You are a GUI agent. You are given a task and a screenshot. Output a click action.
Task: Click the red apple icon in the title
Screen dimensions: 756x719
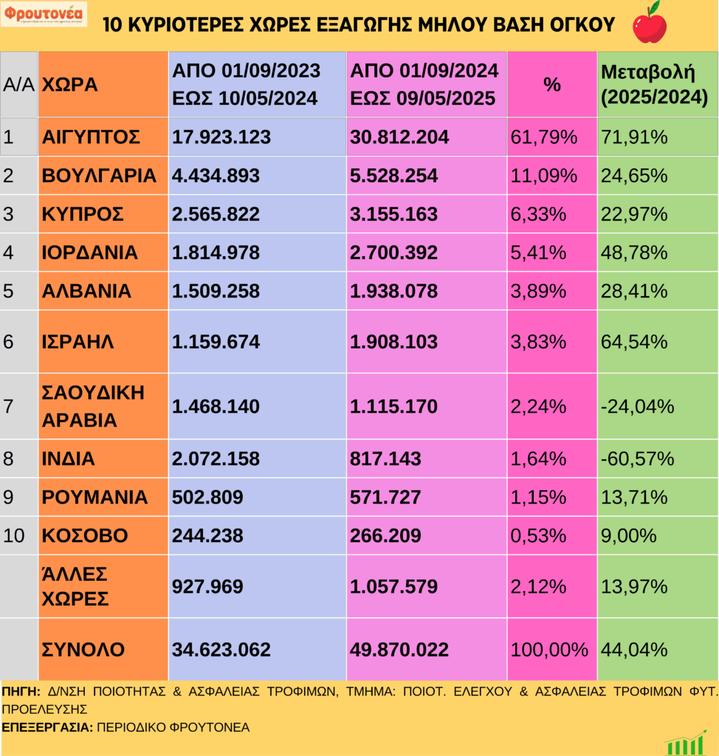click(x=650, y=23)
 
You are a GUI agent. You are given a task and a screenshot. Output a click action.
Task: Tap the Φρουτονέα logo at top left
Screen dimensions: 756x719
click(x=44, y=14)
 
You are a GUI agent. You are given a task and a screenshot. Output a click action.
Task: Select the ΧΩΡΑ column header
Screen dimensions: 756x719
click(x=70, y=85)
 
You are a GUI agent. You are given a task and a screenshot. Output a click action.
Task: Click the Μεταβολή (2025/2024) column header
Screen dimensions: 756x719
click(x=654, y=85)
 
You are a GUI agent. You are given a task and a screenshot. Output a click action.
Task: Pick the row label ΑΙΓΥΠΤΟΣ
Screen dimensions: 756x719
click(x=92, y=137)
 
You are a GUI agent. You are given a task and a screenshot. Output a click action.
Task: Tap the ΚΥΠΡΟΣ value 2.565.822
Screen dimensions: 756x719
click(x=216, y=214)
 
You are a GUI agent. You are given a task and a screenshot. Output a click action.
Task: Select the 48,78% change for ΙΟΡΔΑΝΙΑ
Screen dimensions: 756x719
click(x=634, y=252)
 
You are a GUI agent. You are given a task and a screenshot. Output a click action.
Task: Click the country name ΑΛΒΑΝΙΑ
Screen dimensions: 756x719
click(x=87, y=291)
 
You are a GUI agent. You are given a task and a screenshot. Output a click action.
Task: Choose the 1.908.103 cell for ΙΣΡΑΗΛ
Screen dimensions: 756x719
click(x=393, y=342)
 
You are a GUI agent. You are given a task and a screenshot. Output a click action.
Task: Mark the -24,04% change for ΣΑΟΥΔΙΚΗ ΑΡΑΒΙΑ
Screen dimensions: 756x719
click(x=638, y=406)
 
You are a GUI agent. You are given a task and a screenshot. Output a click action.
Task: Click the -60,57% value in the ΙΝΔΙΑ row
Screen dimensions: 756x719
click(x=638, y=458)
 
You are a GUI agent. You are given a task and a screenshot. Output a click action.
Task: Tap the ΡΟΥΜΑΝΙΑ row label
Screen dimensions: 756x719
click(x=94, y=497)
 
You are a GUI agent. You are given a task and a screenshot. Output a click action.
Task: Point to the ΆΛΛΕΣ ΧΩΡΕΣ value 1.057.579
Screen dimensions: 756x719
click(x=393, y=586)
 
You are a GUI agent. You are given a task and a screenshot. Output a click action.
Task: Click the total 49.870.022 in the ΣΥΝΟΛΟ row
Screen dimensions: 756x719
click(x=399, y=650)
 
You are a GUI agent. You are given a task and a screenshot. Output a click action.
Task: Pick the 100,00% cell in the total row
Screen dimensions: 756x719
click(x=550, y=650)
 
